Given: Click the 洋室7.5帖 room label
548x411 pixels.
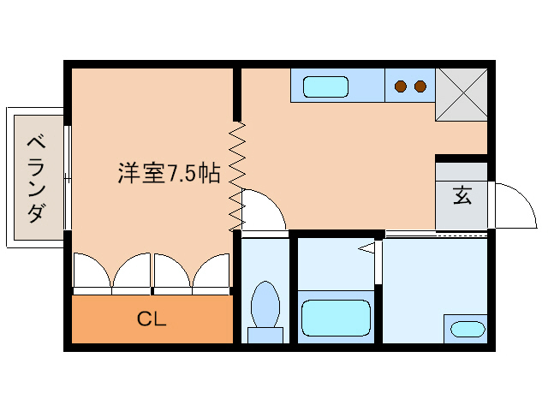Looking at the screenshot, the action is click(170, 173).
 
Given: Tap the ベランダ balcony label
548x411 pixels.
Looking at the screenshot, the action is click(36, 179).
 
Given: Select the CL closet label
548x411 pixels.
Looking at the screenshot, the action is click(152, 319).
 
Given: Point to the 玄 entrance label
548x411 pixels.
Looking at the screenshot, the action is click(462, 195).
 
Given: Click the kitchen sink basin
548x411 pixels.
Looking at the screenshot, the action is click(325, 86).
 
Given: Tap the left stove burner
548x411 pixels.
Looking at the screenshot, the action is click(401, 86).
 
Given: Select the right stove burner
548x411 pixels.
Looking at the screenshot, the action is click(420, 86).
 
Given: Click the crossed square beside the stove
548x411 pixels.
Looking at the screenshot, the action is click(462, 95).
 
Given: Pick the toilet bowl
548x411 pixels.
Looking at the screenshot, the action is click(265, 303).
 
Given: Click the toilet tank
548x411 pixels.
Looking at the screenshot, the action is click(265, 335).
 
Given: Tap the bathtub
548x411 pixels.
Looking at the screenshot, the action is click(336, 318).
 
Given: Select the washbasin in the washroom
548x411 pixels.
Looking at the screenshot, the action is click(468, 329).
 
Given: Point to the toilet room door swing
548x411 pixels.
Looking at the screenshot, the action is click(272, 202).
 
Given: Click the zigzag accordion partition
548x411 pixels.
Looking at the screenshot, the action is click(237, 176).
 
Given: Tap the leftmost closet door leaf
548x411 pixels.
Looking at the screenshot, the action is click(92, 270).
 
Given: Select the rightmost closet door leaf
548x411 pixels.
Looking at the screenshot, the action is click(211, 270).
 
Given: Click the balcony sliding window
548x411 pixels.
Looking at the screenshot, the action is click(68, 177).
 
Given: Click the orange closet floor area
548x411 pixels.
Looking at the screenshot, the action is click(152, 319).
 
